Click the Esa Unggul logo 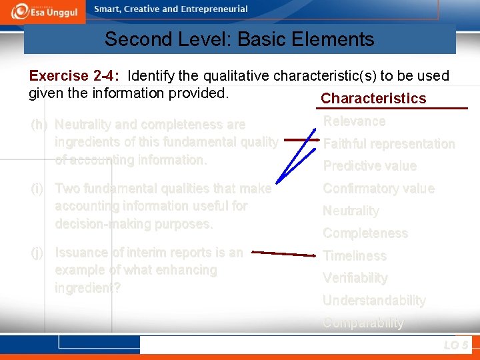(45, 11)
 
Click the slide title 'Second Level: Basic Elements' (239, 39)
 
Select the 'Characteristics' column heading (373, 99)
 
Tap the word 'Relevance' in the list (354, 121)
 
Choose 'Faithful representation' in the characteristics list (389, 144)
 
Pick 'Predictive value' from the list (369, 166)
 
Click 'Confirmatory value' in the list (378, 189)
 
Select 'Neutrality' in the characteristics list (351, 211)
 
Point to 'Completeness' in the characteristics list (365, 233)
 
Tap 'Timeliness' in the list (355, 256)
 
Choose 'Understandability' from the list (373, 301)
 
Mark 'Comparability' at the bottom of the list (363, 323)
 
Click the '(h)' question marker (39, 125)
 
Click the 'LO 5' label (455, 345)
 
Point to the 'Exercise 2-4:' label (75, 76)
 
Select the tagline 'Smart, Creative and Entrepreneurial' (171, 9)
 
